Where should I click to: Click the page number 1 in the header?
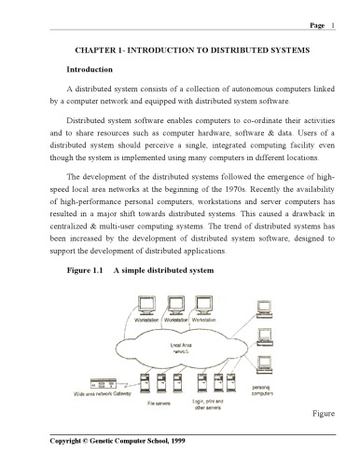[334, 27]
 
